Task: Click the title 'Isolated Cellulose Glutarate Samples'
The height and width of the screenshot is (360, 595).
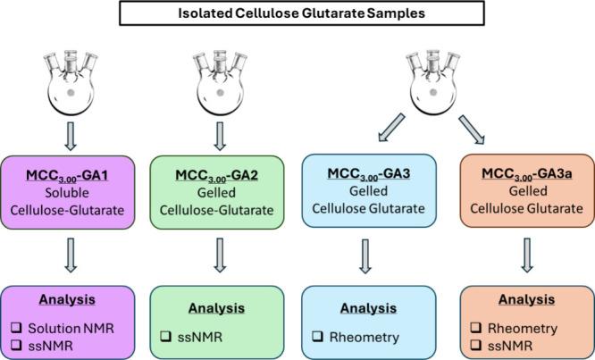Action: [298, 13]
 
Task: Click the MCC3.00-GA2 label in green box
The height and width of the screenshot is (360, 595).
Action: [219, 168]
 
